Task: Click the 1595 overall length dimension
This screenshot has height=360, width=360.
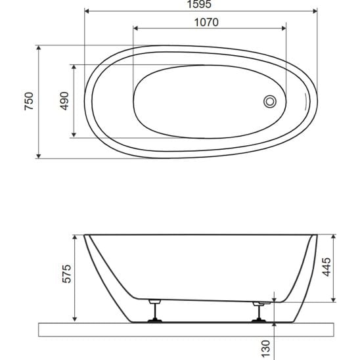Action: coord(199,5)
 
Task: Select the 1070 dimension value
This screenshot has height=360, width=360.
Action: coord(206,22)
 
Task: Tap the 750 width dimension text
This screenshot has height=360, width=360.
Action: coord(29,101)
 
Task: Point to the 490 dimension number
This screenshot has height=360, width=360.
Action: coord(64,101)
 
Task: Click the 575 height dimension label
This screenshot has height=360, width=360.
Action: coord(67,274)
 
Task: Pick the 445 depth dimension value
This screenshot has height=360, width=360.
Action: coord(326,267)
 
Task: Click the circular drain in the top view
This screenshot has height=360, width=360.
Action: coord(270,101)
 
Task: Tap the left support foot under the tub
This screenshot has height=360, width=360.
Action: coord(155,311)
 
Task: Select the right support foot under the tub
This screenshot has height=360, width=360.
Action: coord(259,312)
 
